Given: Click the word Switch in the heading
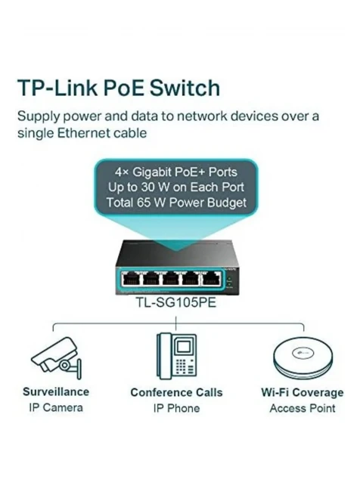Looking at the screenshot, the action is [x=185, y=88].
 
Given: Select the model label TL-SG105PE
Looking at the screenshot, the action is [x=175, y=302].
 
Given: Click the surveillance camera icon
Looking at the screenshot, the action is [x=56, y=357].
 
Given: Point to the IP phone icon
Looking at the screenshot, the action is [x=176, y=356].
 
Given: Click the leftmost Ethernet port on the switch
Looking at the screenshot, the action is [x=131, y=279].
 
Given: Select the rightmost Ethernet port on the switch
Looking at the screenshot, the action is [x=212, y=279].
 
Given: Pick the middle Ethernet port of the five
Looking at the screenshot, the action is [x=171, y=279].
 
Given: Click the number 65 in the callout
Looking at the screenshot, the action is [x=144, y=203].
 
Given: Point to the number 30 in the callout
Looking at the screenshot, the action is [x=147, y=187].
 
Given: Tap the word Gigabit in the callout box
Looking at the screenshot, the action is [x=152, y=172].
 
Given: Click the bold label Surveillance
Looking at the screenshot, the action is [x=56, y=391].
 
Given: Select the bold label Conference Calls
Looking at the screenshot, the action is [x=176, y=392].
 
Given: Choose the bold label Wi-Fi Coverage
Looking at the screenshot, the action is [x=303, y=392].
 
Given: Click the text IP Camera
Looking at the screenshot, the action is [x=56, y=407].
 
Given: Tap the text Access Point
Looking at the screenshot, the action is [x=303, y=408].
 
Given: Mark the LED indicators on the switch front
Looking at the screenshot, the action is [x=229, y=281].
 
